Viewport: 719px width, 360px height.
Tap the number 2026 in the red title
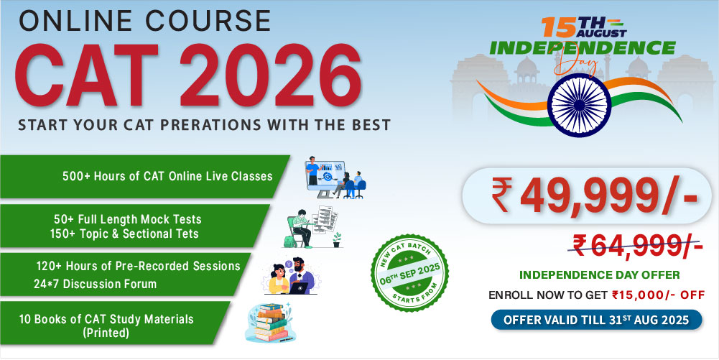[271, 75]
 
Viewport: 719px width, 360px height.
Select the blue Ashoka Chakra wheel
[580, 105]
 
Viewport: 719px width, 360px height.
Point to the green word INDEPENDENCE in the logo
[583, 47]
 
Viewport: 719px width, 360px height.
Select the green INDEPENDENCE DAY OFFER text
[599, 275]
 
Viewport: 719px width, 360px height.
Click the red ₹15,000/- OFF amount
[658, 295]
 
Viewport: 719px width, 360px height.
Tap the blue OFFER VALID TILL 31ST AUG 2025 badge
[596, 320]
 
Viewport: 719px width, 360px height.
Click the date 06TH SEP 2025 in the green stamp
[409, 273]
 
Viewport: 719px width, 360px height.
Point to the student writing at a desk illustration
[312, 228]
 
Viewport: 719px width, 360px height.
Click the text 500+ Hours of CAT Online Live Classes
[167, 176]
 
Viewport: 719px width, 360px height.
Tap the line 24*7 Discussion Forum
[95, 284]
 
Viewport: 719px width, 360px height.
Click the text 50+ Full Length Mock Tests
[127, 219]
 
